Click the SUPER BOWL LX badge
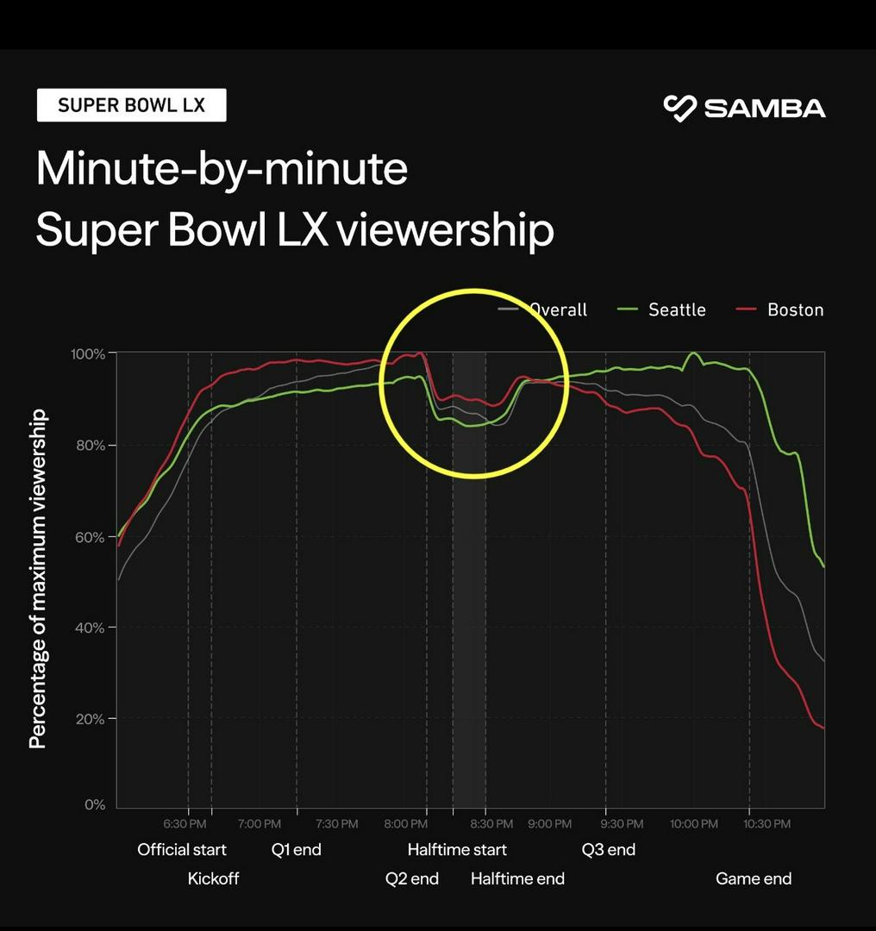pos(131,105)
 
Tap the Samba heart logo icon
pos(679,109)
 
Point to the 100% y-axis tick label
pos(88,354)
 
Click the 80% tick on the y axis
pos(90,446)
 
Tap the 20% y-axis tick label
pos(90,719)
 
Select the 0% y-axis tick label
pos(94,805)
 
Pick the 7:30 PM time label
pos(336,824)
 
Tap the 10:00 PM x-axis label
pos(693,824)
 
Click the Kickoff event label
pos(213,879)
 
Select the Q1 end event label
pos(296,850)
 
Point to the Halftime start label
pos(457,850)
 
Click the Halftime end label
pos(517,879)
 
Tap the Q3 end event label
pos(608,850)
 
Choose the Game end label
pos(753,879)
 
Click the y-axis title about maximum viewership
pos(38,579)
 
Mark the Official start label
pos(182,850)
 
